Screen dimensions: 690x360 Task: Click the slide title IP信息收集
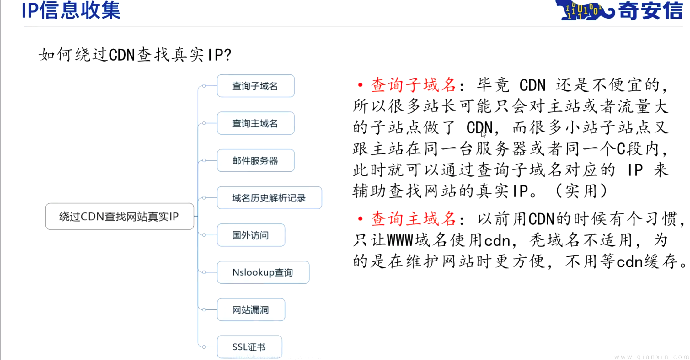coord(71,10)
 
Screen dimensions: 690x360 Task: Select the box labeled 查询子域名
coord(255,86)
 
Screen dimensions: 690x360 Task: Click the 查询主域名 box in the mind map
coord(255,123)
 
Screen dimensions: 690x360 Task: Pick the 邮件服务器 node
coord(255,161)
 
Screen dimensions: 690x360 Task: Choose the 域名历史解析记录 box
coord(269,198)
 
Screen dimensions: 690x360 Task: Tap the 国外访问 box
coord(251,235)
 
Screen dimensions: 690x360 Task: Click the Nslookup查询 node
coord(263,272)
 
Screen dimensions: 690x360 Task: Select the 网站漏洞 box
coord(251,310)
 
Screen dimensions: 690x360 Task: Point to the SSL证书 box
coord(249,347)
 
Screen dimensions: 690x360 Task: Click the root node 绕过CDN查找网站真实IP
coord(120,217)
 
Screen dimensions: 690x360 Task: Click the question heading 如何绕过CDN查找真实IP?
coord(135,55)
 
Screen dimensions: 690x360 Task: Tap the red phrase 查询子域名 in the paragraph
coord(413,85)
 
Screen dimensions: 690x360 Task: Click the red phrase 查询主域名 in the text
coord(413,219)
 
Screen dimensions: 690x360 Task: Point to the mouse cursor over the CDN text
coord(483,134)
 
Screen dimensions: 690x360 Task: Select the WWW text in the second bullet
coord(400,241)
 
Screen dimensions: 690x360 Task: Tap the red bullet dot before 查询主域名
coord(360,219)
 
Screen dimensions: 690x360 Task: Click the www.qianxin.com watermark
coord(651,357)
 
